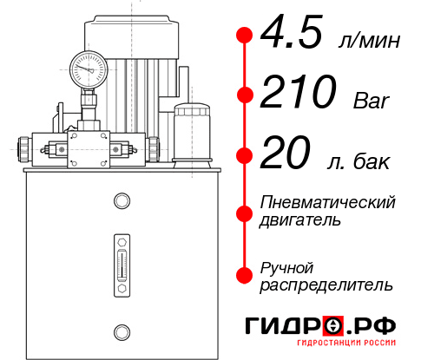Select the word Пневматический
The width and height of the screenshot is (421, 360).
pos(328,202)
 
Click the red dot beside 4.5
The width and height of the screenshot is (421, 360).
pos(245,36)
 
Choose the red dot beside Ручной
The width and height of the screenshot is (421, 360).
pos(245,275)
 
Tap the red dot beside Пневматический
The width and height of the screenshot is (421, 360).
pos(245,211)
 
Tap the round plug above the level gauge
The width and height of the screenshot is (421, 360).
pos(121,202)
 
